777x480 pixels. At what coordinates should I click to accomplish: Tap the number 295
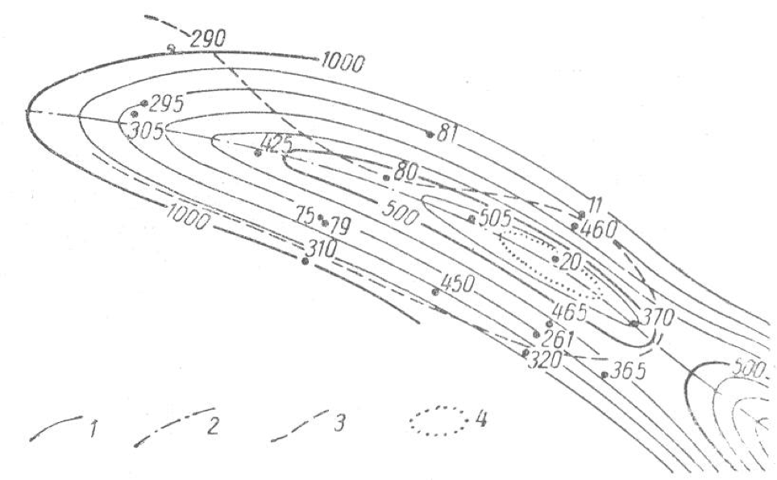(x=168, y=104)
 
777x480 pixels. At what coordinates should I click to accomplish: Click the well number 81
(x=447, y=132)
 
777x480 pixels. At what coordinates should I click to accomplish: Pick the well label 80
(x=407, y=172)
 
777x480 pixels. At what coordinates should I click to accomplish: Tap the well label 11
(x=595, y=204)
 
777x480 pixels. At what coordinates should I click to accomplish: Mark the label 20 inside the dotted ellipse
(x=570, y=259)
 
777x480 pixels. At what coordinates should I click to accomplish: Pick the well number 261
(x=557, y=337)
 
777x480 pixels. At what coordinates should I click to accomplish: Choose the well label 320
(x=544, y=360)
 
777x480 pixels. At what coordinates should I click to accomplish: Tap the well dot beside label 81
(x=430, y=134)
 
